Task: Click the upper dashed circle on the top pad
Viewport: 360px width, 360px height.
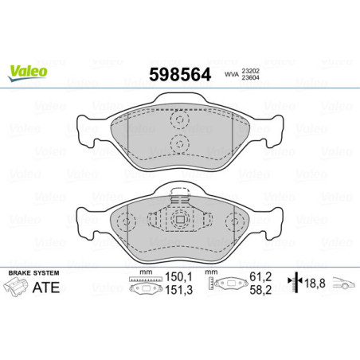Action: click(x=179, y=121)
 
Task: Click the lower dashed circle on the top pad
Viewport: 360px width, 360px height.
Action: click(x=179, y=143)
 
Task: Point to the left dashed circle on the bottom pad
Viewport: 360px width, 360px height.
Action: click(x=126, y=221)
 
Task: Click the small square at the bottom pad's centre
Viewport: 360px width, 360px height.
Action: click(x=180, y=221)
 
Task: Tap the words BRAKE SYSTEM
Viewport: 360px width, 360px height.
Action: click(x=29, y=272)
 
